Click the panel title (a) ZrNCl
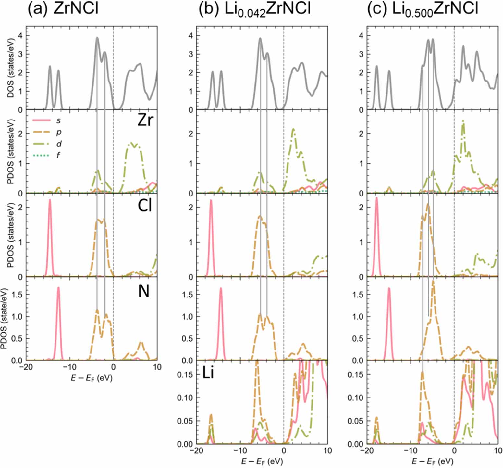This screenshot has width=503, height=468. point(63,9)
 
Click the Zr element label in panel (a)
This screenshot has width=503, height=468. point(145,121)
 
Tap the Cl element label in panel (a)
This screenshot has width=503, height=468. point(145,206)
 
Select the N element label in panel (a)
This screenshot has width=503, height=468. point(144,291)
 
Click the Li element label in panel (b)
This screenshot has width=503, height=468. point(208,373)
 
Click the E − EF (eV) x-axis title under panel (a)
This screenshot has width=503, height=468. point(92,378)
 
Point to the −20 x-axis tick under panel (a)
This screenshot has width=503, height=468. point(26,367)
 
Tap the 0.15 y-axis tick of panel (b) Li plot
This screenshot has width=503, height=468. point(184,374)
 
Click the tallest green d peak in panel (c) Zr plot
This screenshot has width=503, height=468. point(463,121)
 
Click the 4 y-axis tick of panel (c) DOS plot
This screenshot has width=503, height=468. point(361,36)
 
